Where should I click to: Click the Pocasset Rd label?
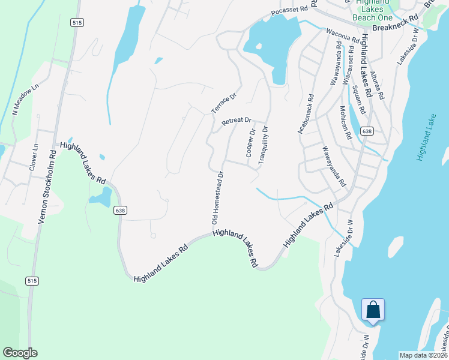pyautogui.click(x=289, y=11)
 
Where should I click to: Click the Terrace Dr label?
pyautogui.click(x=224, y=103)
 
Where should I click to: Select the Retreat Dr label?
pyautogui.click(x=236, y=121)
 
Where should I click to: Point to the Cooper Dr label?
pyautogui.click(x=250, y=143)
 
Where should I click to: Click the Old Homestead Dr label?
pyautogui.click(x=217, y=198)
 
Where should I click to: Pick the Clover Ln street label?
pyautogui.click(x=33, y=157)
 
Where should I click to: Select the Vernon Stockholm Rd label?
pyautogui.click(x=47, y=186)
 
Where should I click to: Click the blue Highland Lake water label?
pyautogui.click(x=426, y=137)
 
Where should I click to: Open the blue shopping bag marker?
pyautogui.click(x=373, y=311)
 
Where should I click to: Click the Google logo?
pyautogui.click(x=20, y=353)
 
